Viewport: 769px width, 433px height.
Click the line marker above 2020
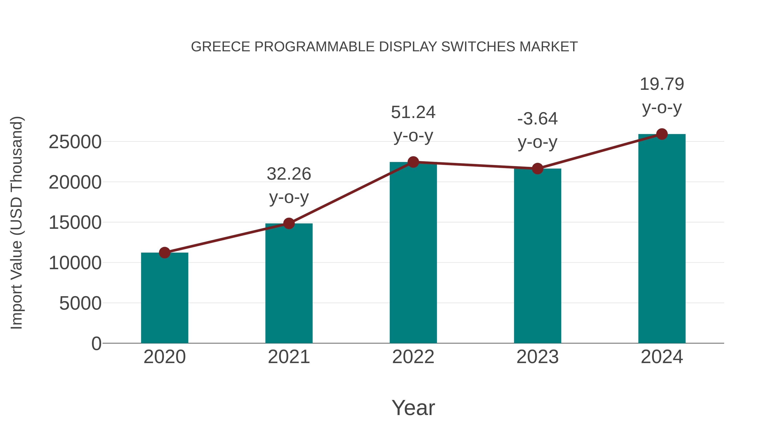pyautogui.click(x=164, y=253)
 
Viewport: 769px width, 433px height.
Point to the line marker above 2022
pyautogui.click(x=413, y=162)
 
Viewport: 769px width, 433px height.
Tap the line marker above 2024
pyautogui.click(x=662, y=134)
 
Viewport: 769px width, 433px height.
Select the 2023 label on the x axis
pyautogui.click(x=537, y=357)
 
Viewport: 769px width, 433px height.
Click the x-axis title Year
pyautogui.click(x=413, y=408)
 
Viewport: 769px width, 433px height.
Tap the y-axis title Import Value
pyautogui.click(x=16, y=223)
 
